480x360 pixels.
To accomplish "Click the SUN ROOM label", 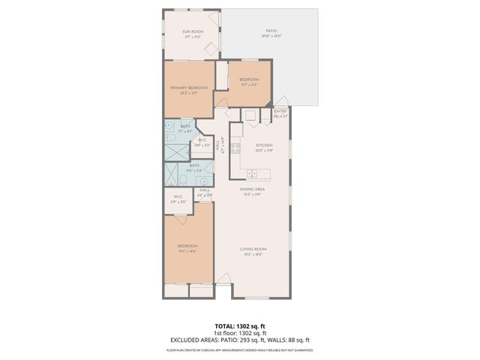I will [x=193, y=31].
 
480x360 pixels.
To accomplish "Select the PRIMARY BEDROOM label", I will [x=188, y=88].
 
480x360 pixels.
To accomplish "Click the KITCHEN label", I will [x=264, y=145].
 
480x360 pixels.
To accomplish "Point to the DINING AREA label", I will [x=253, y=189].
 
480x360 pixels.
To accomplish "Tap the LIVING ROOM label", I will [x=253, y=249].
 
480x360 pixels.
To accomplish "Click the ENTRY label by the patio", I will [x=280, y=111].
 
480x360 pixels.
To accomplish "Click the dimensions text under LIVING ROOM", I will [x=253, y=255].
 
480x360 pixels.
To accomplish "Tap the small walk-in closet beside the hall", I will [x=203, y=142].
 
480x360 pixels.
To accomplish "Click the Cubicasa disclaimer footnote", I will [x=239, y=350].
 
